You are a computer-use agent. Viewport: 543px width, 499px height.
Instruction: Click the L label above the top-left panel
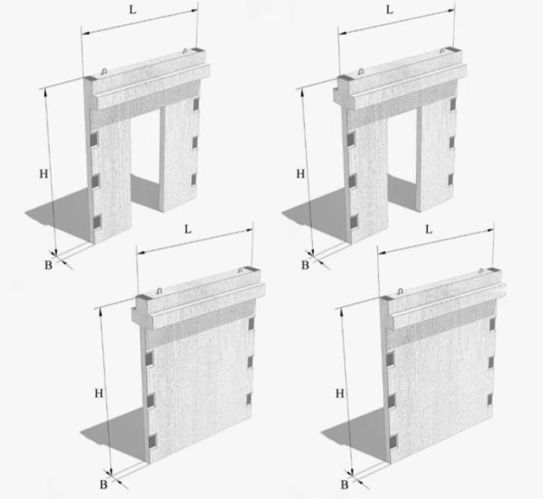(x=132, y=10)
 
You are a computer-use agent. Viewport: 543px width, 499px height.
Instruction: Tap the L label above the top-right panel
(x=390, y=10)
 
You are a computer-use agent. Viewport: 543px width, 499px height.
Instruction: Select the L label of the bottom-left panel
(x=188, y=229)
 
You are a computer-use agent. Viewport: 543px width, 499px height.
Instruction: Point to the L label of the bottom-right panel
(x=429, y=229)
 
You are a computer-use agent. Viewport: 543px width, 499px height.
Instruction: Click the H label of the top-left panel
(x=43, y=174)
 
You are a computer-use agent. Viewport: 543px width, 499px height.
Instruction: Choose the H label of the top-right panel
(x=301, y=174)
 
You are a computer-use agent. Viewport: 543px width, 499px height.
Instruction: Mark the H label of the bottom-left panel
(x=99, y=393)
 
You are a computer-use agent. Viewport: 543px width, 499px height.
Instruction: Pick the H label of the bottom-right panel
(x=340, y=393)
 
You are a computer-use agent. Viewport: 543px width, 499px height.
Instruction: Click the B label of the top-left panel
(x=48, y=265)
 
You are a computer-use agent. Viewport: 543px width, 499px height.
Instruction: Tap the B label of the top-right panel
(x=305, y=265)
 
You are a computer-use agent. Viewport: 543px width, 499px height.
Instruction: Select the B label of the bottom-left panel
(x=104, y=484)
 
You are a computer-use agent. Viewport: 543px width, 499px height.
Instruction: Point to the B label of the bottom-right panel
(x=344, y=484)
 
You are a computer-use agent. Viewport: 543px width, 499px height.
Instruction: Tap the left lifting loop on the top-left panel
(x=104, y=72)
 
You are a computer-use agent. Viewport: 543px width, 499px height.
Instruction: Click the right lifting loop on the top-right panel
(x=442, y=51)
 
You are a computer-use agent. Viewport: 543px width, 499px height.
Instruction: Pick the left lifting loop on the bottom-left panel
(x=159, y=291)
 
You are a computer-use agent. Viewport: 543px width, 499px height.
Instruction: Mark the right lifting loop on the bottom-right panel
(x=481, y=271)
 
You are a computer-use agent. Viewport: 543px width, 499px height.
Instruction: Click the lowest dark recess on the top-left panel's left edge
(x=97, y=221)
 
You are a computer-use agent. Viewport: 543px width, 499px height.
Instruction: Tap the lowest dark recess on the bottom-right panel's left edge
(x=393, y=442)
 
